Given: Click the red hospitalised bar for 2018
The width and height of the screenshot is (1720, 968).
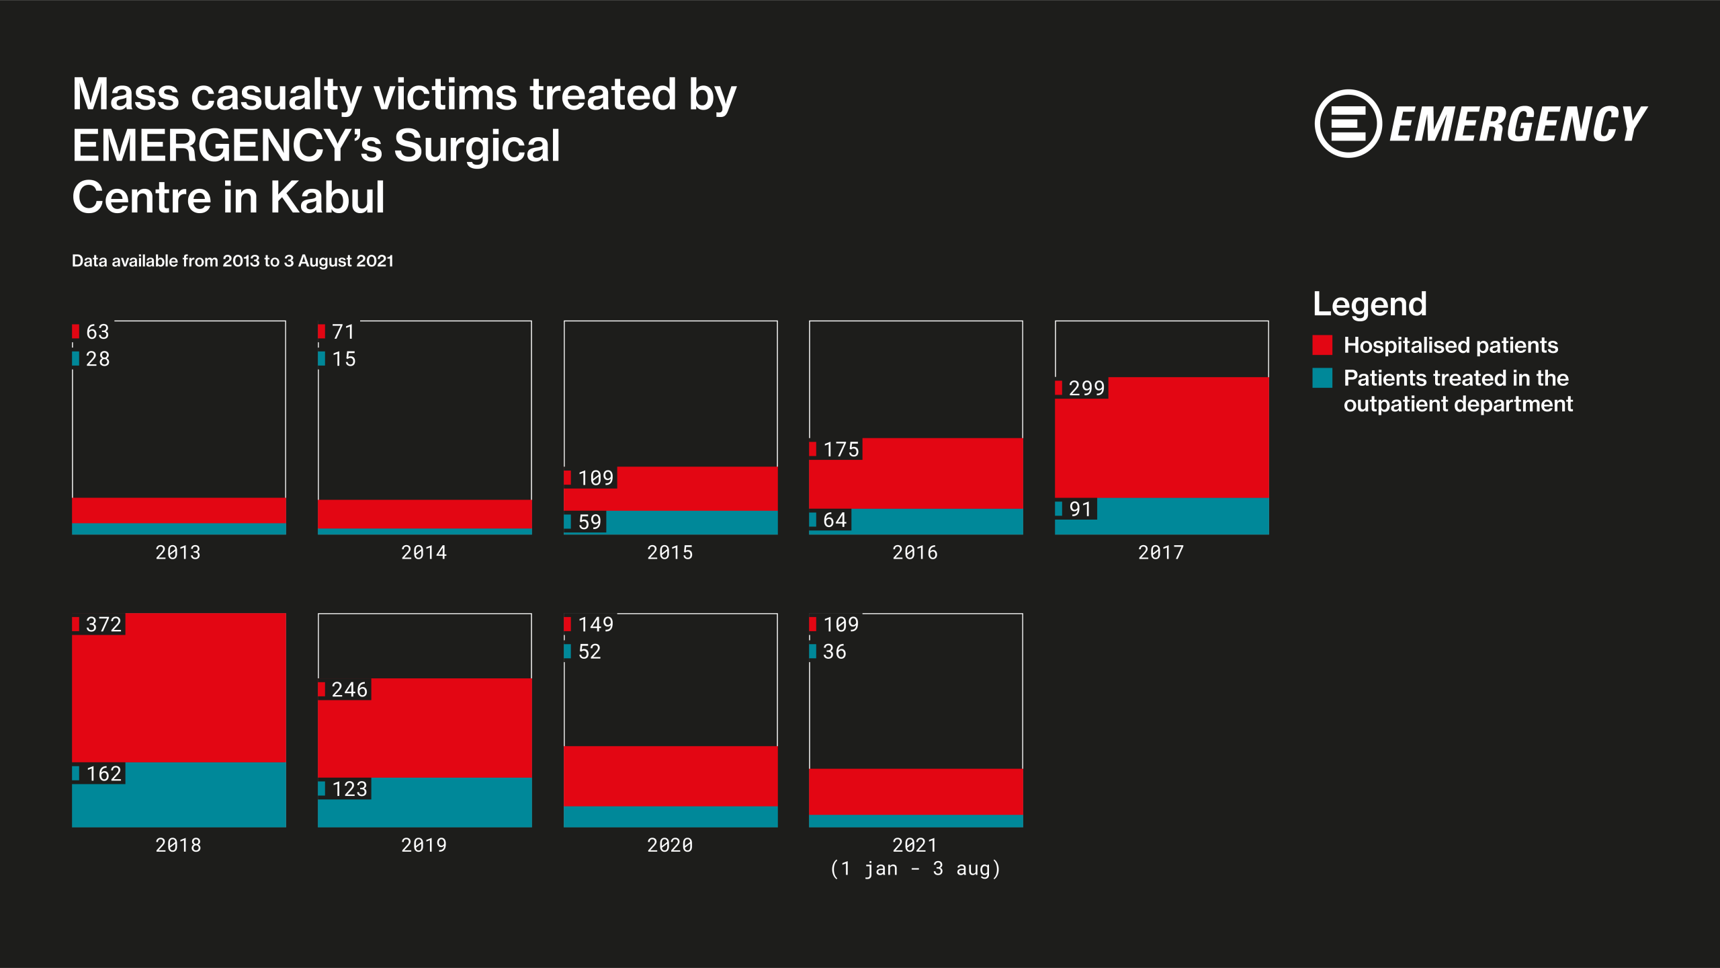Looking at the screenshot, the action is point(179,687).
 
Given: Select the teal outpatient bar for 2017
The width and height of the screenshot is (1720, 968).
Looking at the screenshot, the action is point(1162,516).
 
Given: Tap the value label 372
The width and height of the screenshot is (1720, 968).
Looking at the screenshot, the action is point(103,624).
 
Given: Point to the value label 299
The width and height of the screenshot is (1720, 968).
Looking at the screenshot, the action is point(1086,388).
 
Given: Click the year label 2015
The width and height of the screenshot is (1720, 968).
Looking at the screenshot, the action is point(670,553).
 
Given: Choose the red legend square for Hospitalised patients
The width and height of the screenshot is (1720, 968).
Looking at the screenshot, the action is point(1322,345).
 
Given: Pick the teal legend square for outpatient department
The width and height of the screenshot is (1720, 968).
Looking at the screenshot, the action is point(1322,378).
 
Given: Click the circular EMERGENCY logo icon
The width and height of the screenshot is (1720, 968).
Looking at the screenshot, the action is point(1348,124).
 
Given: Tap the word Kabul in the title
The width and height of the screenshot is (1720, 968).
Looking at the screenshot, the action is point(327,198).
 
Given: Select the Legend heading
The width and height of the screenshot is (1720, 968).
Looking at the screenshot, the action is point(1370,304).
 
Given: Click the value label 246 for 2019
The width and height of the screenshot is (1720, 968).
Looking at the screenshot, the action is point(349,690).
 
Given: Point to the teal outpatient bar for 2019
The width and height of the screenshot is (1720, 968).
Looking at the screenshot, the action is point(425,803).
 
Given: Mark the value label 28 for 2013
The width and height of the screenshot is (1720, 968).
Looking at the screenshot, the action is point(97,359).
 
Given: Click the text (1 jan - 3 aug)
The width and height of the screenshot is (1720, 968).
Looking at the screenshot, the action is point(915,869).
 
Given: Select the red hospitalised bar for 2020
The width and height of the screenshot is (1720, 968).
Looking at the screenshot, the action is point(671,776).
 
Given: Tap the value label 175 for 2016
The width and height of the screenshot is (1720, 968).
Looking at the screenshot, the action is point(841,450).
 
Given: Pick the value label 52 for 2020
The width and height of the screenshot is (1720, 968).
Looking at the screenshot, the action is point(589,652).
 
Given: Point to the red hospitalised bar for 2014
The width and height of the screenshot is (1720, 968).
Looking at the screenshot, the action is point(425,514).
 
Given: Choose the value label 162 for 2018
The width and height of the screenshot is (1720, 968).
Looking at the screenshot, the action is point(103,774).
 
